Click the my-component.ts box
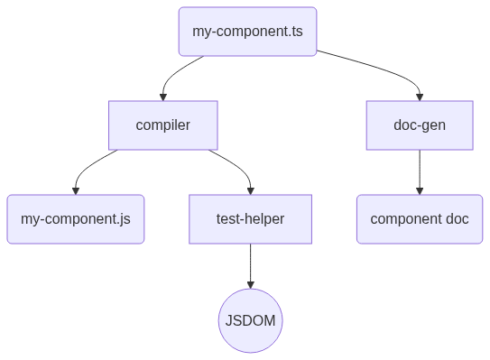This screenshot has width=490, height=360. click(247, 32)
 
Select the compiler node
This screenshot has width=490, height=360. click(163, 125)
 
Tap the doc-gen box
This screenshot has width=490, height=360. click(420, 125)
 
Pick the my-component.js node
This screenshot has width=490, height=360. click(76, 219)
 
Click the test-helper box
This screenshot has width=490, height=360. click(250, 219)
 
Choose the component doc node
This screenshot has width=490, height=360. click(420, 219)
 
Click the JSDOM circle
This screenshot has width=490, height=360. click(250, 320)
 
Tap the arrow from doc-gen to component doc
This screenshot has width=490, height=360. click(420, 172)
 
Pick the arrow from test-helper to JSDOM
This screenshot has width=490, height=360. click(250, 266)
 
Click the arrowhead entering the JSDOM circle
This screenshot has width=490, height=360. click(250, 285)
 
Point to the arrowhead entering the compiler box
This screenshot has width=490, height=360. click(163, 97)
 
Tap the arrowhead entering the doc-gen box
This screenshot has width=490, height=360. click(420, 97)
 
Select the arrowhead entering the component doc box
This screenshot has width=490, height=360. click(420, 191)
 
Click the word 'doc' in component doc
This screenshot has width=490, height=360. click(458, 218)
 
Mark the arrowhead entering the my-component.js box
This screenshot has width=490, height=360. click(76, 191)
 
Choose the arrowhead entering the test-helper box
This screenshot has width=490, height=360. click(250, 191)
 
